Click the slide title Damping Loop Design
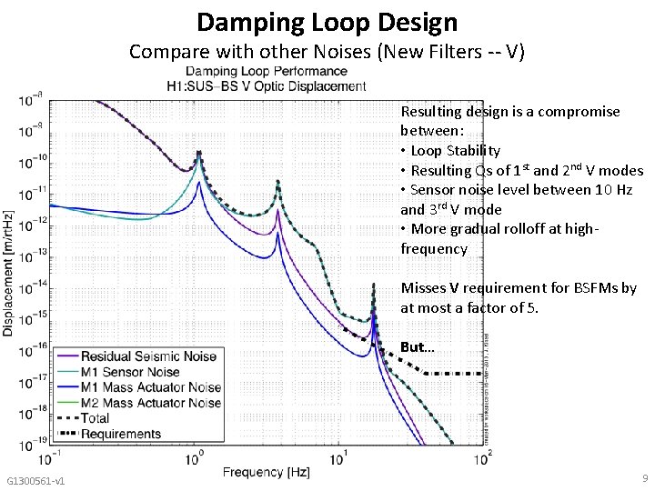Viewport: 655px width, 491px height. pos(327,21)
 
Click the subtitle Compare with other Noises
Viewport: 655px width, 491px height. pos(327,51)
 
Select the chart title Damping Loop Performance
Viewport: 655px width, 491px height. pos(267,71)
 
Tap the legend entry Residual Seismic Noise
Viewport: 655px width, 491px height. pos(149,356)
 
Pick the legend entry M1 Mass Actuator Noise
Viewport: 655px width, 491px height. pos(151,387)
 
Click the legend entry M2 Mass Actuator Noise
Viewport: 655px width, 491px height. pos(151,403)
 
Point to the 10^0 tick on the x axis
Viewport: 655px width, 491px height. pos(193,455)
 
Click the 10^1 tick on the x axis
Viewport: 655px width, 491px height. pos(338,455)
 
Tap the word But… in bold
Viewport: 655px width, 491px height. pos(418,347)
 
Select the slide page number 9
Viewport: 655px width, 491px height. pos(643,478)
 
